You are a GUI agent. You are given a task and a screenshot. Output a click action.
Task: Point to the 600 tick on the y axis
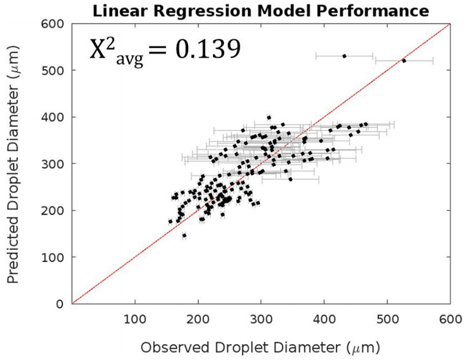[58, 24]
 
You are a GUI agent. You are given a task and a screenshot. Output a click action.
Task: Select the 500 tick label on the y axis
[58, 71]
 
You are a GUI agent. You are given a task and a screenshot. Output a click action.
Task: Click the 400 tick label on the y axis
[58, 117]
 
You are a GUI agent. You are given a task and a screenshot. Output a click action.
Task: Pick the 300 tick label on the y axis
[58, 164]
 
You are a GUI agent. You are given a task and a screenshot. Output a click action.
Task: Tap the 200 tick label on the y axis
[58, 210]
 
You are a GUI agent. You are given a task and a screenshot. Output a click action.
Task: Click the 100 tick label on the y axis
[58, 257]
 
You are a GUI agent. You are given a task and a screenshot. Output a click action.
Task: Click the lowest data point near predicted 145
[184, 236]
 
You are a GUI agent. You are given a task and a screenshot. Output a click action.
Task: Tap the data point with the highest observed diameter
[404, 61]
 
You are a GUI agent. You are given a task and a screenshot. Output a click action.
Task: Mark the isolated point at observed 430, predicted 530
[344, 56]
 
